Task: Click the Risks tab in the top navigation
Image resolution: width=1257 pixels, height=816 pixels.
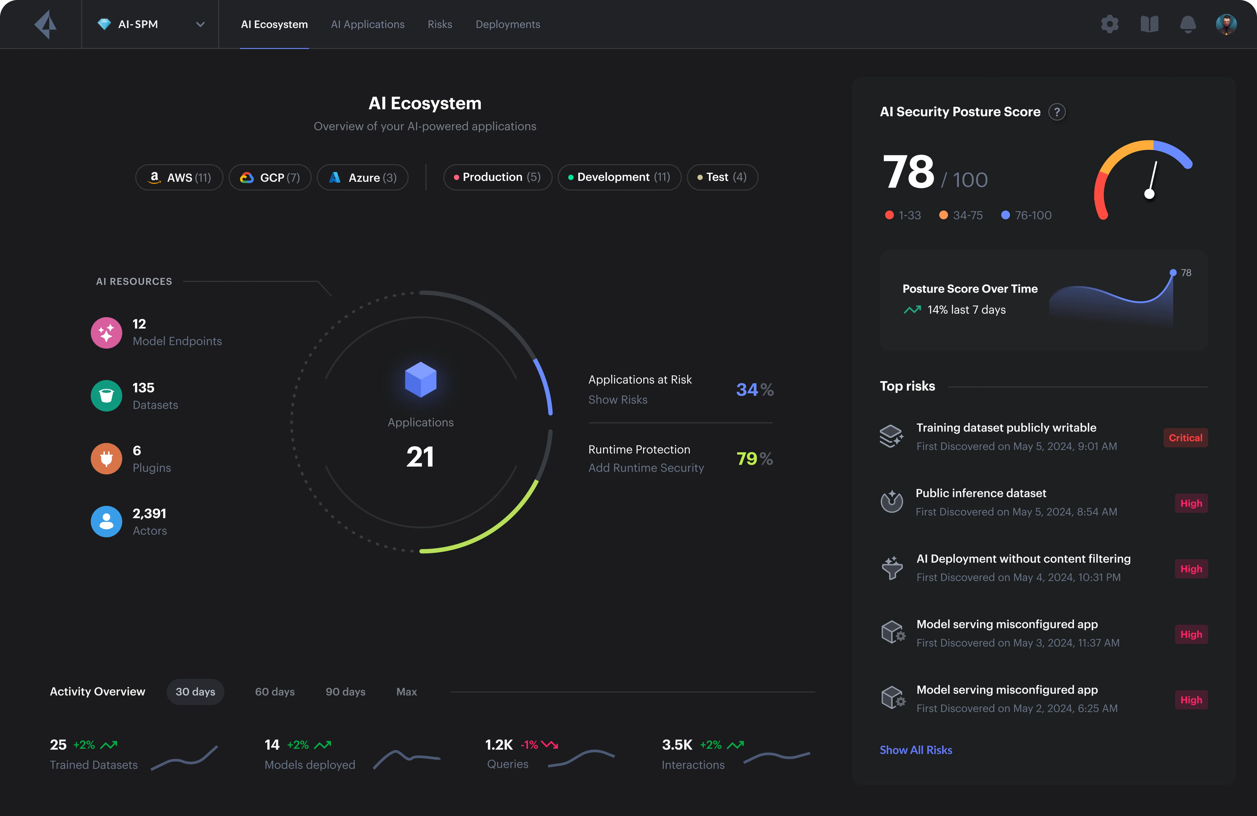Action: tap(439, 24)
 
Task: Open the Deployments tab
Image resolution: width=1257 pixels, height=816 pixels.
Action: tap(508, 24)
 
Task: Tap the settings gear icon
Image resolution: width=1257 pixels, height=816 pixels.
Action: tap(1110, 24)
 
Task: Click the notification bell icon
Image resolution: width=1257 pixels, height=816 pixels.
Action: tap(1188, 24)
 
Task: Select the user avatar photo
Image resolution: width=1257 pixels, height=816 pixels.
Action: tap(1226, 24)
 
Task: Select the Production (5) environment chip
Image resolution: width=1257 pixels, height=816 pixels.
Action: tap(498, 177)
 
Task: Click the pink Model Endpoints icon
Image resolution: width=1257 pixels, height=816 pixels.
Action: tap(106, 333)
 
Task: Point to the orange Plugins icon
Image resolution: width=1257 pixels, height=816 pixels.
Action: tap(106, 459)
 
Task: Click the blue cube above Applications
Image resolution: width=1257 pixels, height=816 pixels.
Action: tap(420, 379)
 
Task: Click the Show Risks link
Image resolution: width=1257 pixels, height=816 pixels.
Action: tap(617, 400)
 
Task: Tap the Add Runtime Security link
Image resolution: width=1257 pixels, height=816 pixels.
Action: tap(646, 468)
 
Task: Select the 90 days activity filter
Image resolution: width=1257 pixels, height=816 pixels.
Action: tap(345, 692)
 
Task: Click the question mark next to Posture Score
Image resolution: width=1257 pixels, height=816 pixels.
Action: tap(1057, 112)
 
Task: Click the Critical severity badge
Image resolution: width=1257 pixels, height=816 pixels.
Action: tap(1185, 438)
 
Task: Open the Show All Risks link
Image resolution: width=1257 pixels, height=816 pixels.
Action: tap(916, 750)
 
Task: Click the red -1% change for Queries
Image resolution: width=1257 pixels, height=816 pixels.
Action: tap(529, 745)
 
